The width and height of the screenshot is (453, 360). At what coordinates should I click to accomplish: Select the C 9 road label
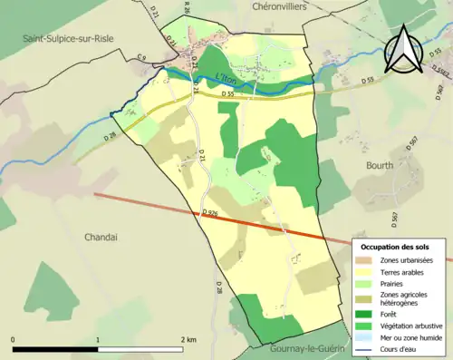[x=141, y=59]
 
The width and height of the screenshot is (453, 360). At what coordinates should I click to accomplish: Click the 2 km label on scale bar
[x=188, y=339]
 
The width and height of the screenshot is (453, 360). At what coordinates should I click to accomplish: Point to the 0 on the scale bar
[x=13, y=339]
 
